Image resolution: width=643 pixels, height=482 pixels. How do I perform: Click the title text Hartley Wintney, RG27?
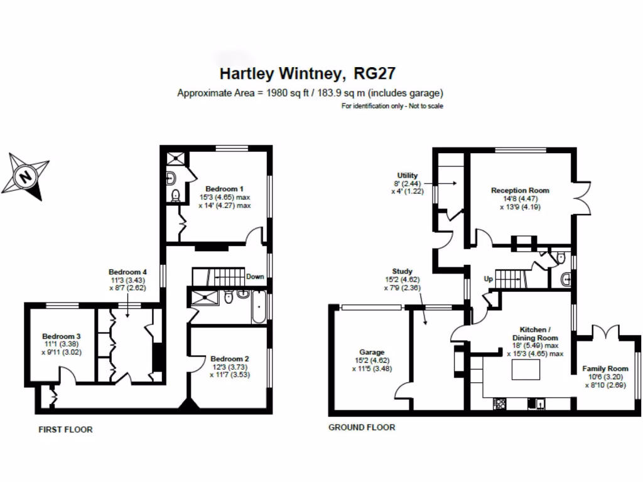coord(307,73)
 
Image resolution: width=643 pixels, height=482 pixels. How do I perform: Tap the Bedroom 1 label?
coord(224,189)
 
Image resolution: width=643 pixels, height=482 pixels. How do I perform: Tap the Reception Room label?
coord(520,190)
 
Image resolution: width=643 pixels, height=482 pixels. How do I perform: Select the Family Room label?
coord(605,368)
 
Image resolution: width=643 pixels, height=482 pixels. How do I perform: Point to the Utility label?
coord(408,176)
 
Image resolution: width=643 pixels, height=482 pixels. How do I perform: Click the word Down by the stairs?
coord(255,276)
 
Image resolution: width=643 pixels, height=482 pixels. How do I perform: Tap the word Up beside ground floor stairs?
coord(488,278)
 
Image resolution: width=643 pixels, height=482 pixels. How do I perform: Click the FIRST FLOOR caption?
coord(65,430)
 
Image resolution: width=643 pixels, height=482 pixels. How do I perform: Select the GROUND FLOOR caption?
coord(362,427)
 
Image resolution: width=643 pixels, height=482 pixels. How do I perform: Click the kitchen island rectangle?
coord(526,370)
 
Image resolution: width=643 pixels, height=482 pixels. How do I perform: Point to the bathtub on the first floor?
coord(259,307)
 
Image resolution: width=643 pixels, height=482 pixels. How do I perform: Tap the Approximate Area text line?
coord(310,93)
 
